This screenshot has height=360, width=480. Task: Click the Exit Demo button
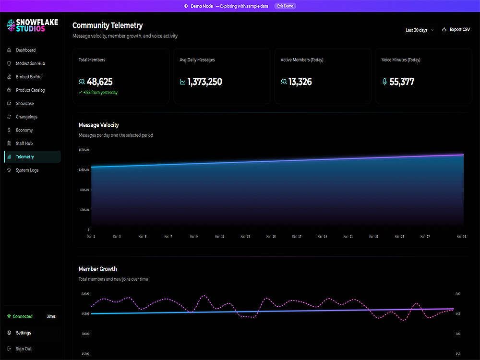[x=285, y=6]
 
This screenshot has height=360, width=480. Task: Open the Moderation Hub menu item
[x=30, y=63]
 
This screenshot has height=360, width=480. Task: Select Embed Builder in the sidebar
[x=29, y=77]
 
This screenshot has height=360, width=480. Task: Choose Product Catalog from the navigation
[x=30, y=90]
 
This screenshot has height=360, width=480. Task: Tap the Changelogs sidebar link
[x=26, y=117]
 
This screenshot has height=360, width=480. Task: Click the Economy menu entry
[x=24, y=130]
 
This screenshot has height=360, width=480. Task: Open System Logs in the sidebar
[x=27, y=170]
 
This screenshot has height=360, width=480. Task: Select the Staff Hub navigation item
[x=24, y=143]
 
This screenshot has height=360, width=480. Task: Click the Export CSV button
[x=456, y=30]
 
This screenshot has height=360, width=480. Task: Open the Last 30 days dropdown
[x=420, y=30]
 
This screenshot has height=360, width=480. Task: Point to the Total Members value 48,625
[x=99, y=82]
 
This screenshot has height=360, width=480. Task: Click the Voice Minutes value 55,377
[x=402, y=82]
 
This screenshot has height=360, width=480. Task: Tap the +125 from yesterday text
[x=100, y=93]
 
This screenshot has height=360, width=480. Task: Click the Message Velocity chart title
[x=98, y=125]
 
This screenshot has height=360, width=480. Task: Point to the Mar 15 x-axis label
[x=271, y=237]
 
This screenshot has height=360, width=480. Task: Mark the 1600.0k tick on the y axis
[x=84, y=150]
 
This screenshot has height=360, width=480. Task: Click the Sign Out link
[x=24, y=348]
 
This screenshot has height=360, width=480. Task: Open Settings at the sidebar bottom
[x=24, y=333]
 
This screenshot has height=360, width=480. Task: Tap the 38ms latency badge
[x=51, y=316]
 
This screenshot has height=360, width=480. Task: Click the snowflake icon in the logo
[x=11, y=25]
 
